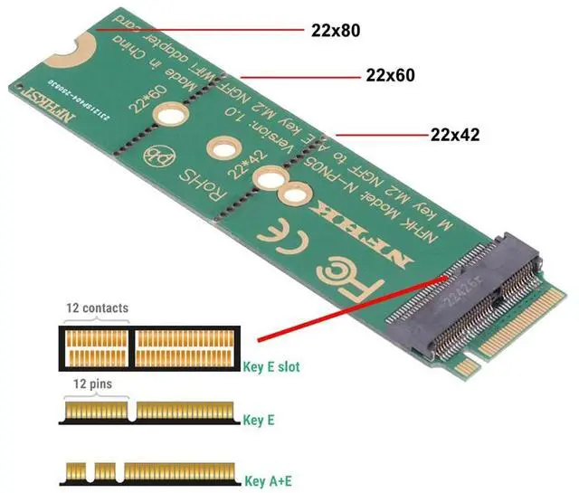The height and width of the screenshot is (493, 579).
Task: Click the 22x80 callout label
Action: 334,30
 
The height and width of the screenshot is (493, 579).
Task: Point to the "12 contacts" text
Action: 97,308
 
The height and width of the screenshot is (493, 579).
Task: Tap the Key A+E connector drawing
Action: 149,472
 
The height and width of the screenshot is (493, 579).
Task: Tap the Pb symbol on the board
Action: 156,155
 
